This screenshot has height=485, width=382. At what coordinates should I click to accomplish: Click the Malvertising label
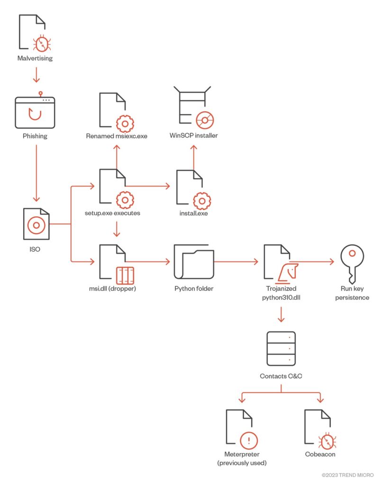click(35, 58)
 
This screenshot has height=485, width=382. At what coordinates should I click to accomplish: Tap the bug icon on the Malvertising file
click(42, 44)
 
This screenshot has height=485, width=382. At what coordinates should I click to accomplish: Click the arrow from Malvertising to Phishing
click(35, 76)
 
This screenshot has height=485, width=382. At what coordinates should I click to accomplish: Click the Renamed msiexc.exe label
click(117, 136)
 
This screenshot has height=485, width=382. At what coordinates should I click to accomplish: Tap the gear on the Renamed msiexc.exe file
click(125, 123)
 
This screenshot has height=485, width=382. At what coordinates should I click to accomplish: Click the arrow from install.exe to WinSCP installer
click(193, 156)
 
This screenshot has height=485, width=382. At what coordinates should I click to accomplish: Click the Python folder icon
click(193, 262)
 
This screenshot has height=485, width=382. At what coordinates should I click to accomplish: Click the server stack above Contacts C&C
click(281, 349)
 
